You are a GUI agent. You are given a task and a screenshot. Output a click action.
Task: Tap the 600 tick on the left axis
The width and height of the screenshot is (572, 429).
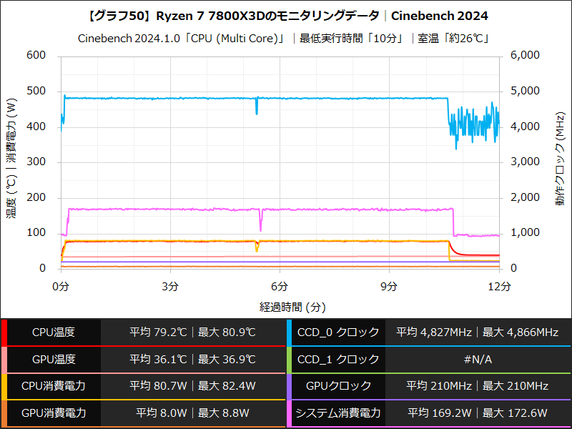pyautogui.click(x=36, y=56)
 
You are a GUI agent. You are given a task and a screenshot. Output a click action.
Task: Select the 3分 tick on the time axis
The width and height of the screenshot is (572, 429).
pyautogui.click(x=170, y=286)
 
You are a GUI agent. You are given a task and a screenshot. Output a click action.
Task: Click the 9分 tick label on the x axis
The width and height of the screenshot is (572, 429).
pyautogui.click(x=389, y=286)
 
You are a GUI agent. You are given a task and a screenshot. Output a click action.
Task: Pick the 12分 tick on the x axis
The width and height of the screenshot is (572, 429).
pyautogui.click(x=499, y=286)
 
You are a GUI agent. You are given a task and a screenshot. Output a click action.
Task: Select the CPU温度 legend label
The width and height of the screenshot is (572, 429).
pyautogui.click(x=54, y=332)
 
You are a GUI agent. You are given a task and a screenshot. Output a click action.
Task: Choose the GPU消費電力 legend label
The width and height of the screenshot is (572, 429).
pyautogui.click(x=54, y=413)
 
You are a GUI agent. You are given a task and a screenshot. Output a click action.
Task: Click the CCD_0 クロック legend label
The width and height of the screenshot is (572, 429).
pyautogui.click(x=340, y=332)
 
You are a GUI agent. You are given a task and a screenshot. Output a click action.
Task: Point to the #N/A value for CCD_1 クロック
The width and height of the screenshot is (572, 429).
pyautogui.click(x=478, y=359)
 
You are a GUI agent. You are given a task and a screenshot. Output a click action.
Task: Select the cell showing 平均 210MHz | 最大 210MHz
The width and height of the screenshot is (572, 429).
pyautogui.click(x=478, y=386)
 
